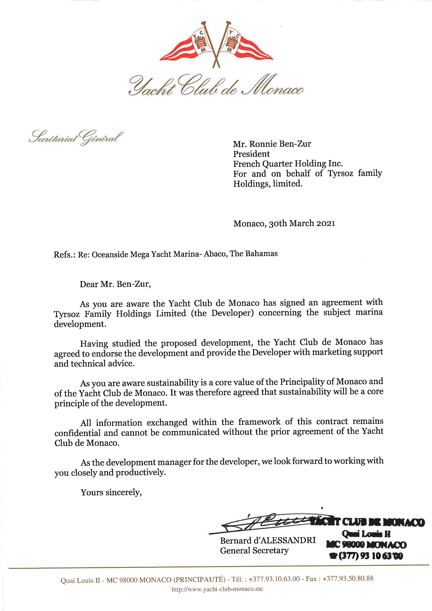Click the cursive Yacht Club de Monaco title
point(216,86)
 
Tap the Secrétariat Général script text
point(76,138)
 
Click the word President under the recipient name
point(251,154)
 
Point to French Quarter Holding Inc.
point(288,163)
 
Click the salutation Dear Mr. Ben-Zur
point(115,284)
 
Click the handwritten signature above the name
point(266,523)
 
